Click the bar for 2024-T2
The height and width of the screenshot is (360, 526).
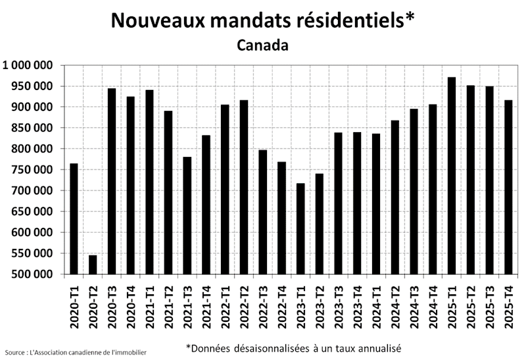[395, 197]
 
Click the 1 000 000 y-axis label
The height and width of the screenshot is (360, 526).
[28, 65]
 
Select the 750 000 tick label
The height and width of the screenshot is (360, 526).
[32, 169]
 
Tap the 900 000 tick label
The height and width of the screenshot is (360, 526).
[32, 107]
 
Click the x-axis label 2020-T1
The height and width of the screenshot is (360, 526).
[74, 304]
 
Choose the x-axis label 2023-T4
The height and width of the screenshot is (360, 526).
[357, 304]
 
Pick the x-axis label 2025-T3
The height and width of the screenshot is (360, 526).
[490, 304]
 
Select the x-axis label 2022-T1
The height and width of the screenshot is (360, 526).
[225, 304]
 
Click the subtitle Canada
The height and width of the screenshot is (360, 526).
[262, 46]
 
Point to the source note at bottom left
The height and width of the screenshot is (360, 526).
[75, 353]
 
